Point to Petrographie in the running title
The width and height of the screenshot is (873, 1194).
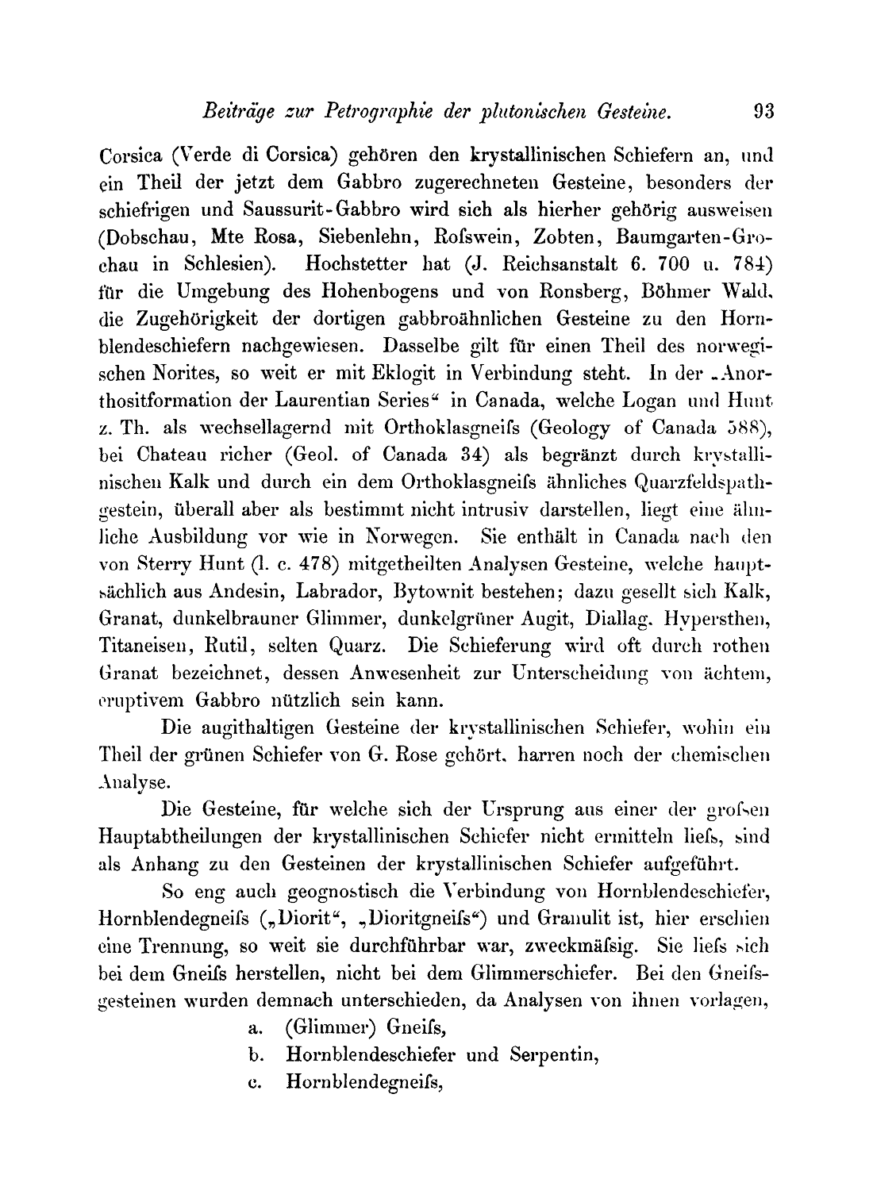(370, 112)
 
